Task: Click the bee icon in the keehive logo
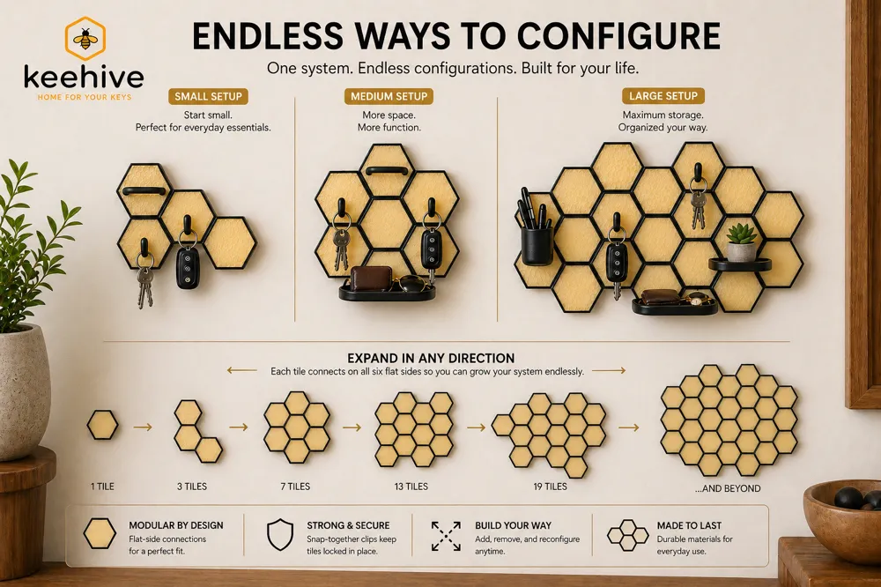pos(85,38)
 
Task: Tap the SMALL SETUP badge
pos(208,96)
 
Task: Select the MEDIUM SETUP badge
pos(389,96)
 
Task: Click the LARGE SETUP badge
pos(663,96)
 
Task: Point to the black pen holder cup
pos(537,245)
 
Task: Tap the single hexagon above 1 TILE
pos(102,425)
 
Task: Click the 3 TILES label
pos(191,487)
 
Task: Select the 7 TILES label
pos(295,487)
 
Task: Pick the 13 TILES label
pos(411,487)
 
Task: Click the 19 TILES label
pos(550,487)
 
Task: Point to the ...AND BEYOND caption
pos(728,488)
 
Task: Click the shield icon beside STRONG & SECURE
pos(280,535)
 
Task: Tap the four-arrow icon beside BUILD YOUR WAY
pos(446,536)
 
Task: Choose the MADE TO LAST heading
pos(689,525)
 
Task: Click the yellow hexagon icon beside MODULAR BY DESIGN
pos(100,533)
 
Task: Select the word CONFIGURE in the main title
pos(618,36)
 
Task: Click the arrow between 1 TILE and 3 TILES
pos(143,427)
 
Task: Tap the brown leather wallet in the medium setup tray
pos(372,279)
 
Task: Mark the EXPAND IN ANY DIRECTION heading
pos(431,358)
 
